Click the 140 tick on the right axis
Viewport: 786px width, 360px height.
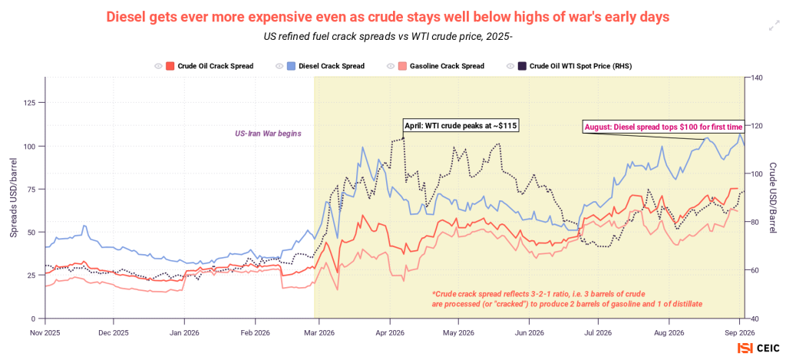756,78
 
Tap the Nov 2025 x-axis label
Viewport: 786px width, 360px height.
45,332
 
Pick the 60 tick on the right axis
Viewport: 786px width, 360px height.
755,270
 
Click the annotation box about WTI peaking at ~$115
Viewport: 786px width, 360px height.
461,126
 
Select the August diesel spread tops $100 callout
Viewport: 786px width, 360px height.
662,127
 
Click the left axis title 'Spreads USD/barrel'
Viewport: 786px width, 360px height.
14,197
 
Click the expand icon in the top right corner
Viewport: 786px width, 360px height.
774,27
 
